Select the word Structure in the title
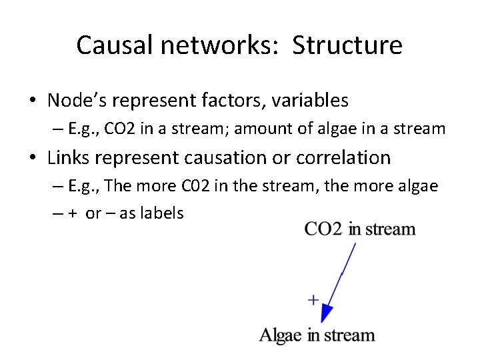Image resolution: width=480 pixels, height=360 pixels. tap(347, 45)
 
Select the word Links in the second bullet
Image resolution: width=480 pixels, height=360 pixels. tap(69, 158)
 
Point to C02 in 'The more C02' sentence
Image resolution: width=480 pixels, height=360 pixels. tap(193, 185)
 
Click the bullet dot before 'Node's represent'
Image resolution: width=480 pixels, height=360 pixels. tap(33, 101)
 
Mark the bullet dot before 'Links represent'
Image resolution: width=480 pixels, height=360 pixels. tap(33, 159)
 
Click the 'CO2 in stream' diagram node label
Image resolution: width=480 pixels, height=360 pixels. tap(360, 229)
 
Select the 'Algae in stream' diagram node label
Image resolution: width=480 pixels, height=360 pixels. tap(317, 335)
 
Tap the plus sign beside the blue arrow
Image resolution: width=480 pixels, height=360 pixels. tap(313, 300)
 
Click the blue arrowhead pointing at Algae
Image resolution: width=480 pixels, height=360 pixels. tap(327, 313)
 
